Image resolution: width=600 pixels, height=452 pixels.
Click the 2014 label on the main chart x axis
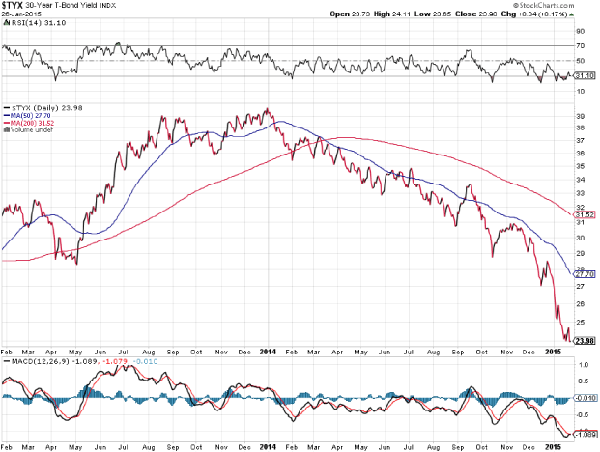[x=269, y=352]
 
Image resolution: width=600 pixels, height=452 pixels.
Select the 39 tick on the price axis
[x=579, y=115]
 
